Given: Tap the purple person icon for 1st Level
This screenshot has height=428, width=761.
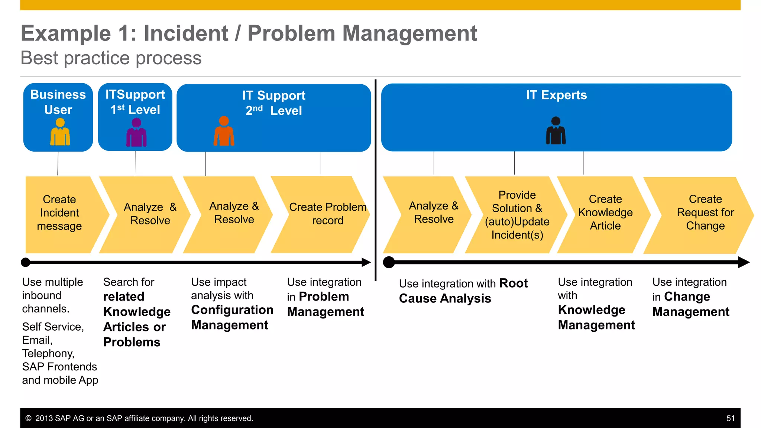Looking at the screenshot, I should click(x=136, y=133).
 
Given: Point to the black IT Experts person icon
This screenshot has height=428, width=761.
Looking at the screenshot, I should click(x=556, y=131).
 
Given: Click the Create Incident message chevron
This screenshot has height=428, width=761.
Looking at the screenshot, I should click(x=59, y=213).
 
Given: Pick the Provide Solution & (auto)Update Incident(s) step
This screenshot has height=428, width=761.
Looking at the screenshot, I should click(x=517, y=215).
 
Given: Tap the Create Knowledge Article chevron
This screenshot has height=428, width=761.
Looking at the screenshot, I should click(x=605, y=213).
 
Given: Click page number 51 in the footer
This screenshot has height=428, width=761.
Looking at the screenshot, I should click(x=730, y=418).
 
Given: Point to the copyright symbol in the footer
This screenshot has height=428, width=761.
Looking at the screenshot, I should click(x=28, y=418).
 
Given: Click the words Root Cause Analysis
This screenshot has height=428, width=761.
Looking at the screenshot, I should click(x=463, y=291).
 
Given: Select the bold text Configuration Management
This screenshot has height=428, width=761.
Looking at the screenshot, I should click(x=232, y=318).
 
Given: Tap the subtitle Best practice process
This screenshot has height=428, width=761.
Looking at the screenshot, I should click(x=111, y=58).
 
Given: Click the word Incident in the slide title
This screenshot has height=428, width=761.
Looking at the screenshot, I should click(x=186, y=33).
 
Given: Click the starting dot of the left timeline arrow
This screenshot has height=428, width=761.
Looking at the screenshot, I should click(x=25, y=262).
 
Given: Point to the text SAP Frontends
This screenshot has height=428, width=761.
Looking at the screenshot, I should click(x=59, y=367).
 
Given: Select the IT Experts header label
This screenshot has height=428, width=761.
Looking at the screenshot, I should click(x=556, y=95).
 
